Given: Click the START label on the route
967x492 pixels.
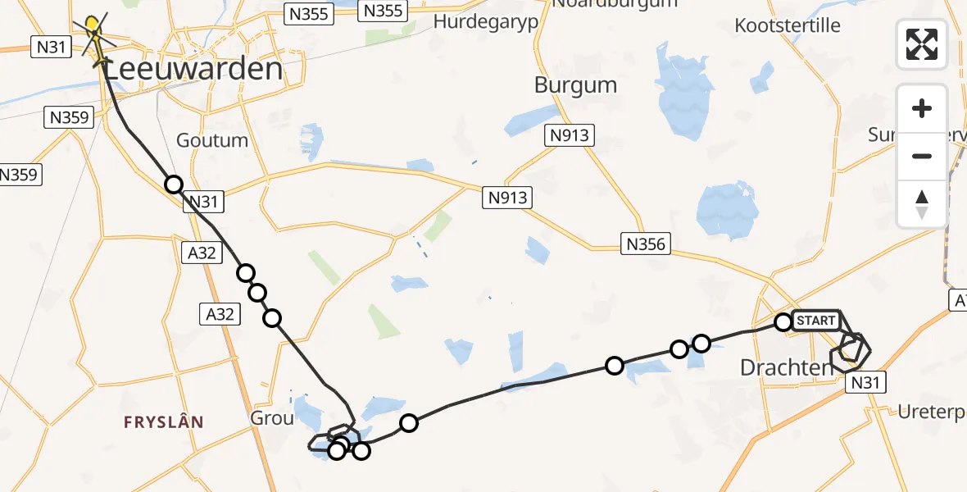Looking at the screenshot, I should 815,321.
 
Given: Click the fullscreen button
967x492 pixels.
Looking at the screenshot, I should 922,44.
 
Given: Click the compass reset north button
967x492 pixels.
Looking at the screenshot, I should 922,203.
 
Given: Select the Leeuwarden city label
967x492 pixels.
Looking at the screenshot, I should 193,69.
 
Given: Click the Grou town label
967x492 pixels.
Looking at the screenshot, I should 271,418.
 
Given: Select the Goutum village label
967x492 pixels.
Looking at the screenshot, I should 212,140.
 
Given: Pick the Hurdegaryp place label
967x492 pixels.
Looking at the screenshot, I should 486,21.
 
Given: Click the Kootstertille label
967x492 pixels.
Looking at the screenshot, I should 788,25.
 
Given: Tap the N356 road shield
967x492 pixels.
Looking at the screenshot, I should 647,243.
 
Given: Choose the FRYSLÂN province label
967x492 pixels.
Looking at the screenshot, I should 163,422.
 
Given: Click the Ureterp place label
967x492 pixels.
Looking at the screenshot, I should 932,412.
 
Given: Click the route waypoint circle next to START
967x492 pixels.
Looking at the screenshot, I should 783,322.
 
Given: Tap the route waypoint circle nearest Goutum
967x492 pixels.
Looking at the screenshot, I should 173,184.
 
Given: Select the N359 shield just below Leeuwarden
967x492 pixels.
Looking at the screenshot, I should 69,118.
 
